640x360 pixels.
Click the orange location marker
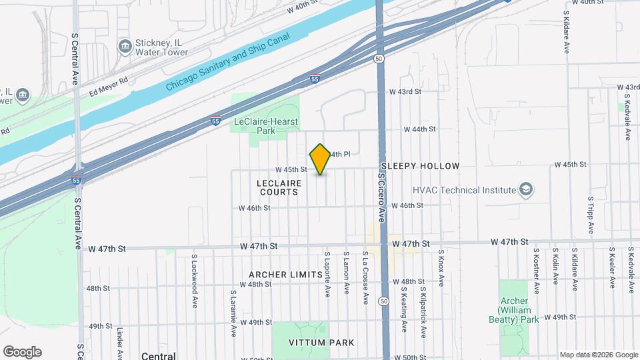[320, 159]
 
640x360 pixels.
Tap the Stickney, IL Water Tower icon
[125, 46]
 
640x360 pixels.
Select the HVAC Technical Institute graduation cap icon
[526, 190]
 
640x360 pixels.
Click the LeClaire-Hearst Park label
[265, 126]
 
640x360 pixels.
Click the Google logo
[22, 352]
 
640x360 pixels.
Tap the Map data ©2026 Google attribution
[597, 355]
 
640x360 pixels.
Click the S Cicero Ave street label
[382, 197]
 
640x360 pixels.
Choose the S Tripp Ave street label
[591, 215]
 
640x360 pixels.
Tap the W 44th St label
[422, 129]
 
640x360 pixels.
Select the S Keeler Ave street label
[611, 268]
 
